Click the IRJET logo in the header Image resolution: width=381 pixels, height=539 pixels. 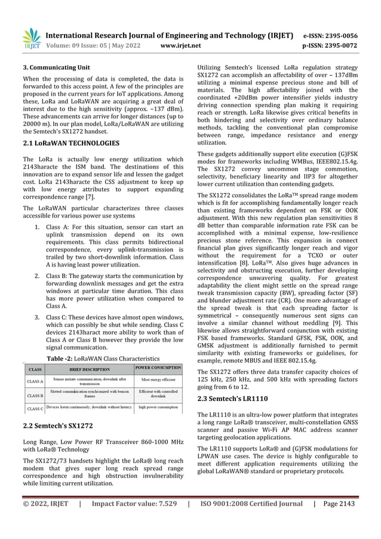click(x=32, y=39)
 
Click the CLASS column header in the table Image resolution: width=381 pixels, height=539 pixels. click(x=35, y=369)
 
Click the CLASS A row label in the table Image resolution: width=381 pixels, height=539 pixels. click(x=35, y=381)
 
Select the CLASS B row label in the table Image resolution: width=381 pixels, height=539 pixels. click(x=35, y=395)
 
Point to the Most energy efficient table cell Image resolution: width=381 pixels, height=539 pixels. click(x=158, y=379)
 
